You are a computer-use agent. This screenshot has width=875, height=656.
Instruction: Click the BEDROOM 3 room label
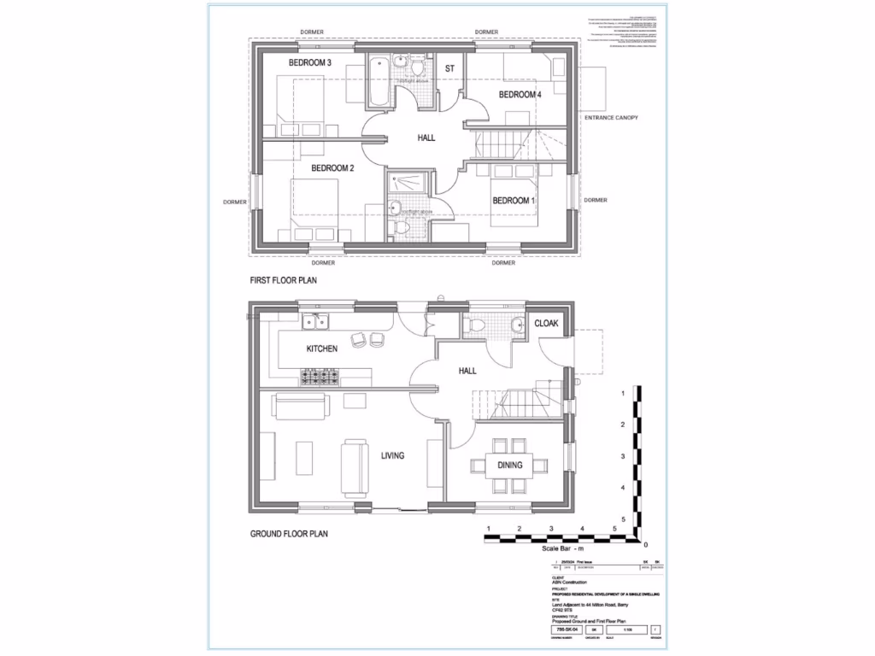(x=309, y=63)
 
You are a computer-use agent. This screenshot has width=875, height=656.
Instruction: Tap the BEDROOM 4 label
(x=520, y=95)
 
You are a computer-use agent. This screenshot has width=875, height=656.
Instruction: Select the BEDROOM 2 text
(x=332, y=168)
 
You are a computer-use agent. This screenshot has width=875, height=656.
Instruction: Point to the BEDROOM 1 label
(x=514, y=201)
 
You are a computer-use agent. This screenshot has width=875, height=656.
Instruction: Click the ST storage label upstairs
(x=449, y=68)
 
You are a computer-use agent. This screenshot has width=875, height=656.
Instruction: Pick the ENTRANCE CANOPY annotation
(x=611, y=117)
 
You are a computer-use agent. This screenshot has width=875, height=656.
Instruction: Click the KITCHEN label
(x=322, y=348)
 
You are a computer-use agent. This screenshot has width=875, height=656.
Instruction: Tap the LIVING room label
(x=392, y=456)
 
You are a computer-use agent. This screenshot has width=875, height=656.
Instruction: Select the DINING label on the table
(x=510, y=466)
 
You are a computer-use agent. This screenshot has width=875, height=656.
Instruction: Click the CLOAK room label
(x=546, y=325)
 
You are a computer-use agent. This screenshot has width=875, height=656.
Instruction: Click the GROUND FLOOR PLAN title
(x=289, y=534)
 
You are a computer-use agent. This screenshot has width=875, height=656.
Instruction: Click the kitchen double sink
(x=314, y=321)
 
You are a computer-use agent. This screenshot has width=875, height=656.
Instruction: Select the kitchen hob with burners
(x=317, y=376)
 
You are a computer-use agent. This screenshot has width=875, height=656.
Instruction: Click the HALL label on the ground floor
(x=467, y=372)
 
